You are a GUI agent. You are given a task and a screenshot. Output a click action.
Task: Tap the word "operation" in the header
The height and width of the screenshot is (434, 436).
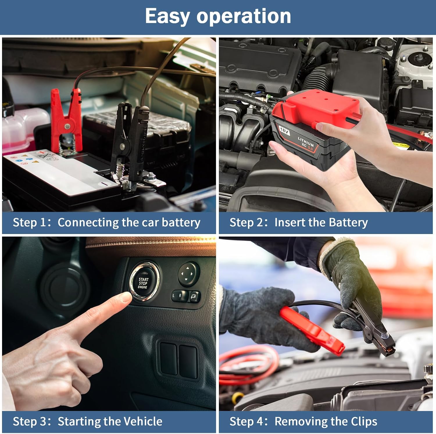click(244, 16)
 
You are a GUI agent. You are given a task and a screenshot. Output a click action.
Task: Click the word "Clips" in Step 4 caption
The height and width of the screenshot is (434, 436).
click(364, 422)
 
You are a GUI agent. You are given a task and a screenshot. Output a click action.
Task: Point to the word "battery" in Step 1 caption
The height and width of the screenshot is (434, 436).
click(181, 223)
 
